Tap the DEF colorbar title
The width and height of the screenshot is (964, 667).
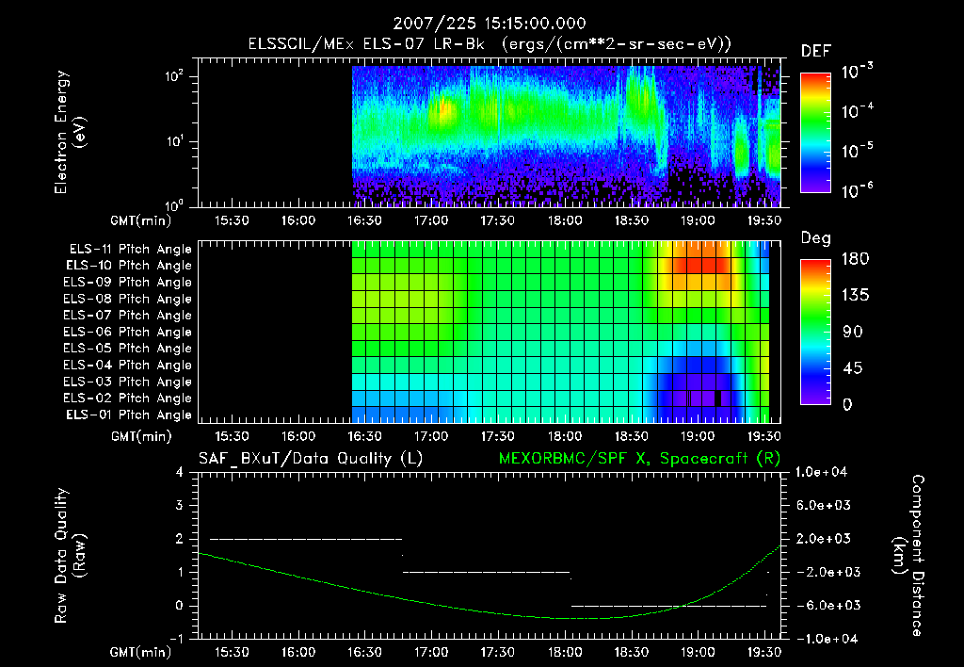click(815, 51)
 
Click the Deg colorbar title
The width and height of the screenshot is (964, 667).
click(815, 238)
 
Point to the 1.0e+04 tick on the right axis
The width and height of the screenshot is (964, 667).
click(824, 471)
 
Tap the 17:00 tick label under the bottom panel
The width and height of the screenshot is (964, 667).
click(431, 651)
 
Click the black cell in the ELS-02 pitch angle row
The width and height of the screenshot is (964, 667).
click(718, 399)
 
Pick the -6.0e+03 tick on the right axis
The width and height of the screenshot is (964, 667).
click(824, 605)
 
